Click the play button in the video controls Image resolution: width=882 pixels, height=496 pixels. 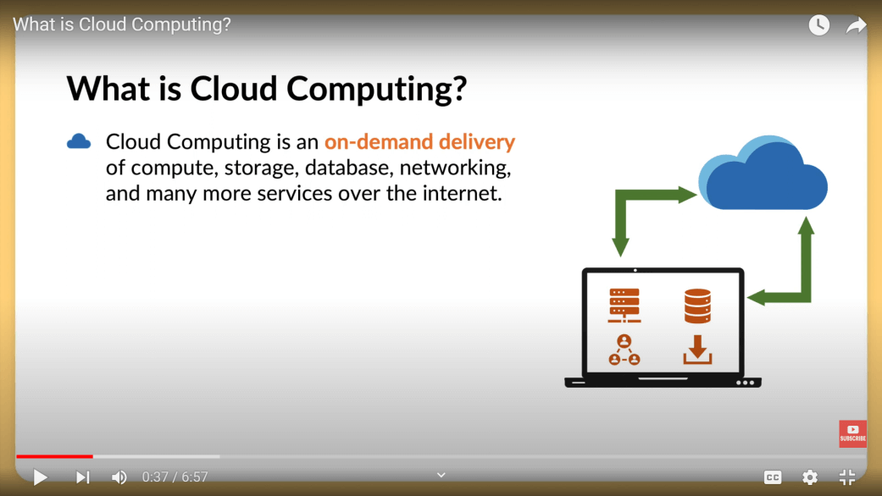[40, 477]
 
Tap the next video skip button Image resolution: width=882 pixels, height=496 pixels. [83, 477]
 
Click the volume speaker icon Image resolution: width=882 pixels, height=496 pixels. [119, 477]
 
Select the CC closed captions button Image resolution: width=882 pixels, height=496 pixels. [773, 477]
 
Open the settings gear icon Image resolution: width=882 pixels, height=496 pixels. [810, 477]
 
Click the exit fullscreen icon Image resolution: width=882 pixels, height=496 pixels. [847, 477]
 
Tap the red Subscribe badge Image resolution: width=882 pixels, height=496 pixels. [852, 433]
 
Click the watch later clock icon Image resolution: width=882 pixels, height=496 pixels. [819, 25]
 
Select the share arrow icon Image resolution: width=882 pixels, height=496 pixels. [856, 25]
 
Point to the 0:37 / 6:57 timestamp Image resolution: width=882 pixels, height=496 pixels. [175, 477]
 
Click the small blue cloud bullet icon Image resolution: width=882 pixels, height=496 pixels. [79, 141]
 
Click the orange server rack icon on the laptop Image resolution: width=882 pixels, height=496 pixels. [624, 305]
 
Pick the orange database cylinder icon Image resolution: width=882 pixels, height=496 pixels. [697, 306]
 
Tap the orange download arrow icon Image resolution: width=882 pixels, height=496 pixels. [697, 350]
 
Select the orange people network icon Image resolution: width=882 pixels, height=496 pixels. [624, 350]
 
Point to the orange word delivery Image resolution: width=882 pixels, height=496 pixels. [477, 142]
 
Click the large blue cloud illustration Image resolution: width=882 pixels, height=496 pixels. [763, 173]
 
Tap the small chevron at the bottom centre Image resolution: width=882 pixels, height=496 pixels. [441, 475]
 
